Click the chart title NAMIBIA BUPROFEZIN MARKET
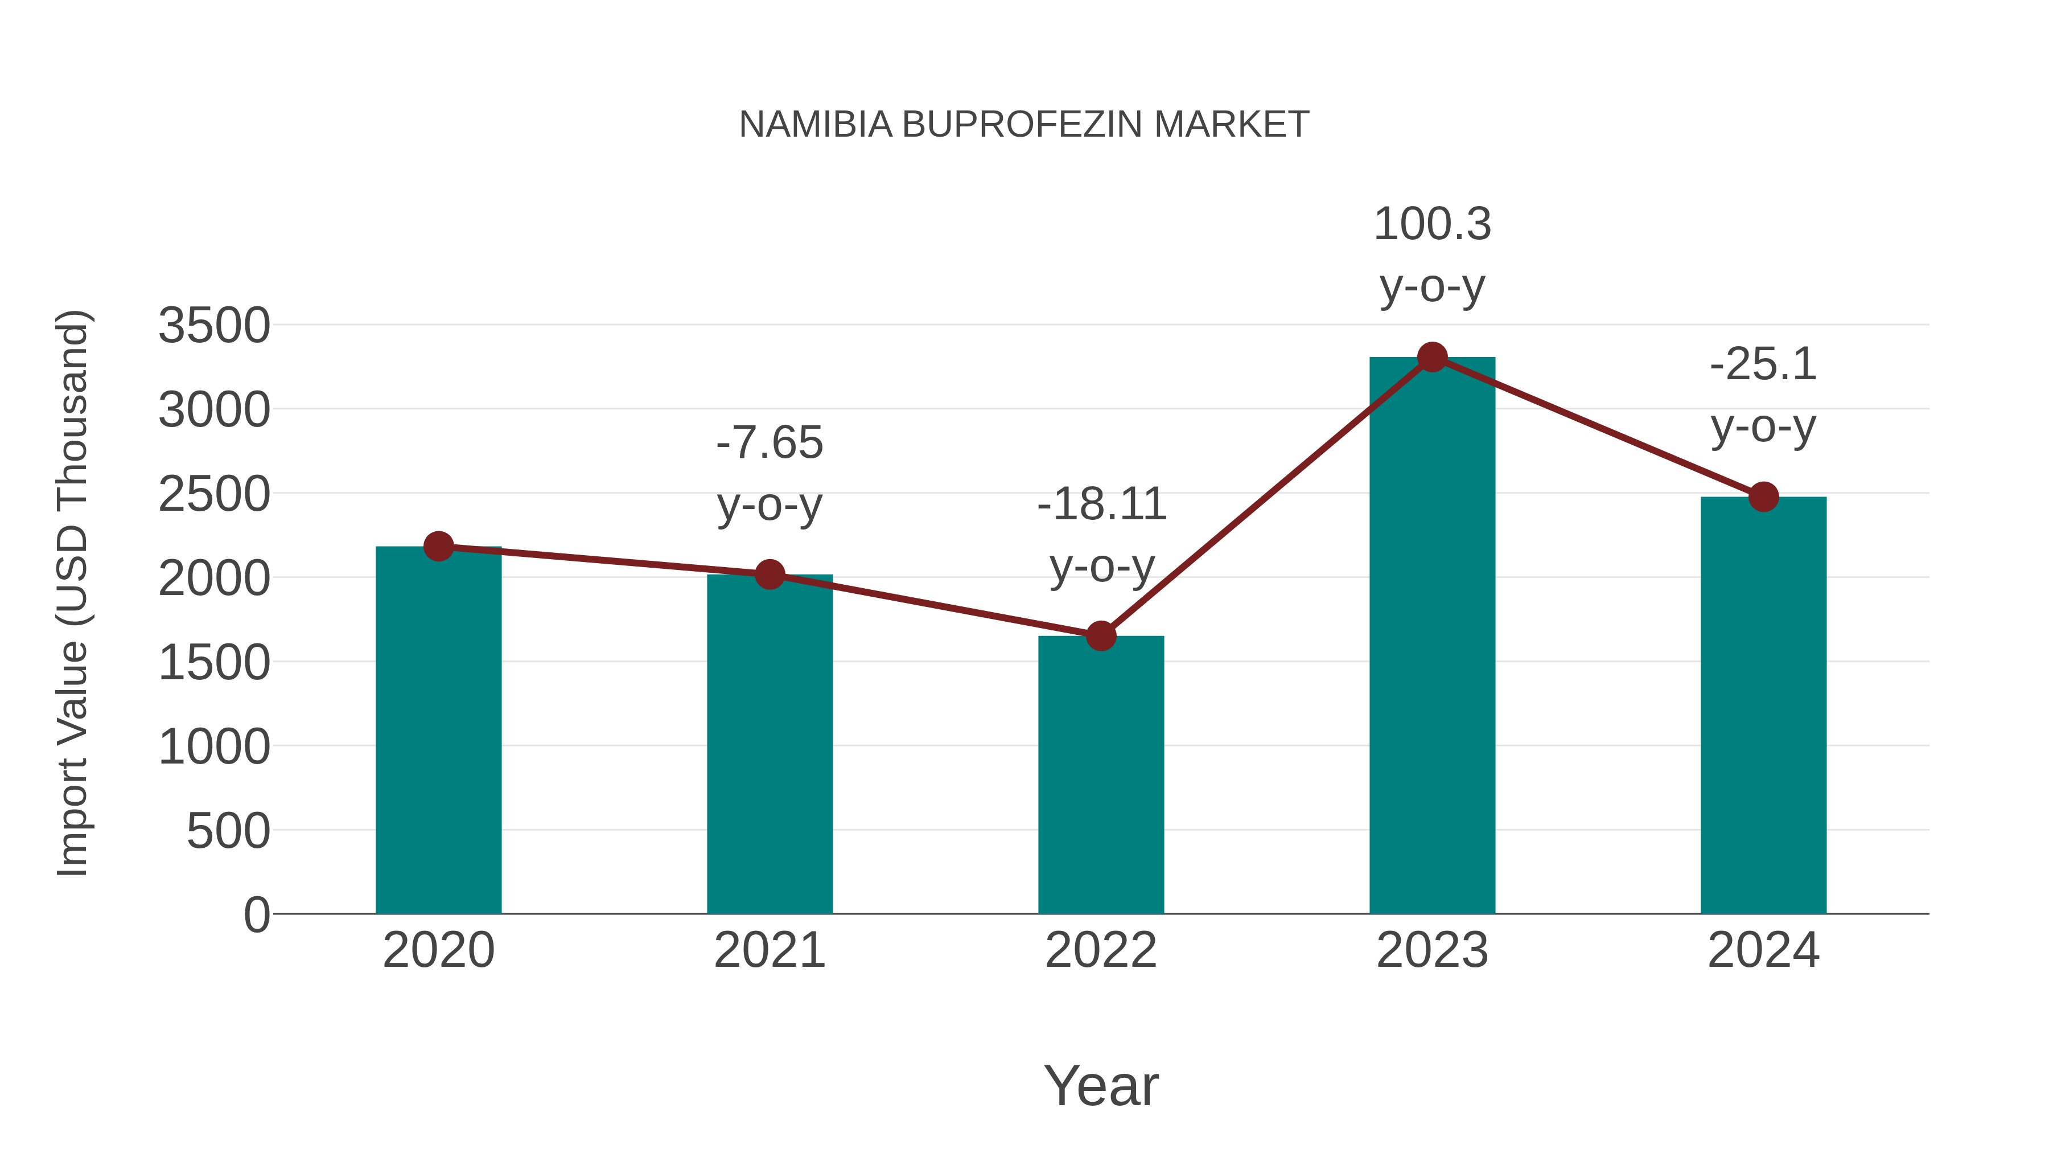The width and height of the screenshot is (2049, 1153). click(1024, 125)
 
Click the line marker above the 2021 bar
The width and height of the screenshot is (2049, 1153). click(769, 574)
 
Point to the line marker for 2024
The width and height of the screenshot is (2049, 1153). click(1763, 497)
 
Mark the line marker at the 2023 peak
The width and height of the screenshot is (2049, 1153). click(1433, 357)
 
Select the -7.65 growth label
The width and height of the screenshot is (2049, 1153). click(769, 474)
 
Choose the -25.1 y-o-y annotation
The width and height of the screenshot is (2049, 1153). click(1763, 396)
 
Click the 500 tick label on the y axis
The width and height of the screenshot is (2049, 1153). click(229, 831)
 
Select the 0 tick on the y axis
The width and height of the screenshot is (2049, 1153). click(257, 915)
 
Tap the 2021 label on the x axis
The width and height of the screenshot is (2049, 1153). click(769, 951)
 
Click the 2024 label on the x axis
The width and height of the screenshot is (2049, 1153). click(1763, 951)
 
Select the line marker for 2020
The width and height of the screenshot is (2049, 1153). click(438, 547)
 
